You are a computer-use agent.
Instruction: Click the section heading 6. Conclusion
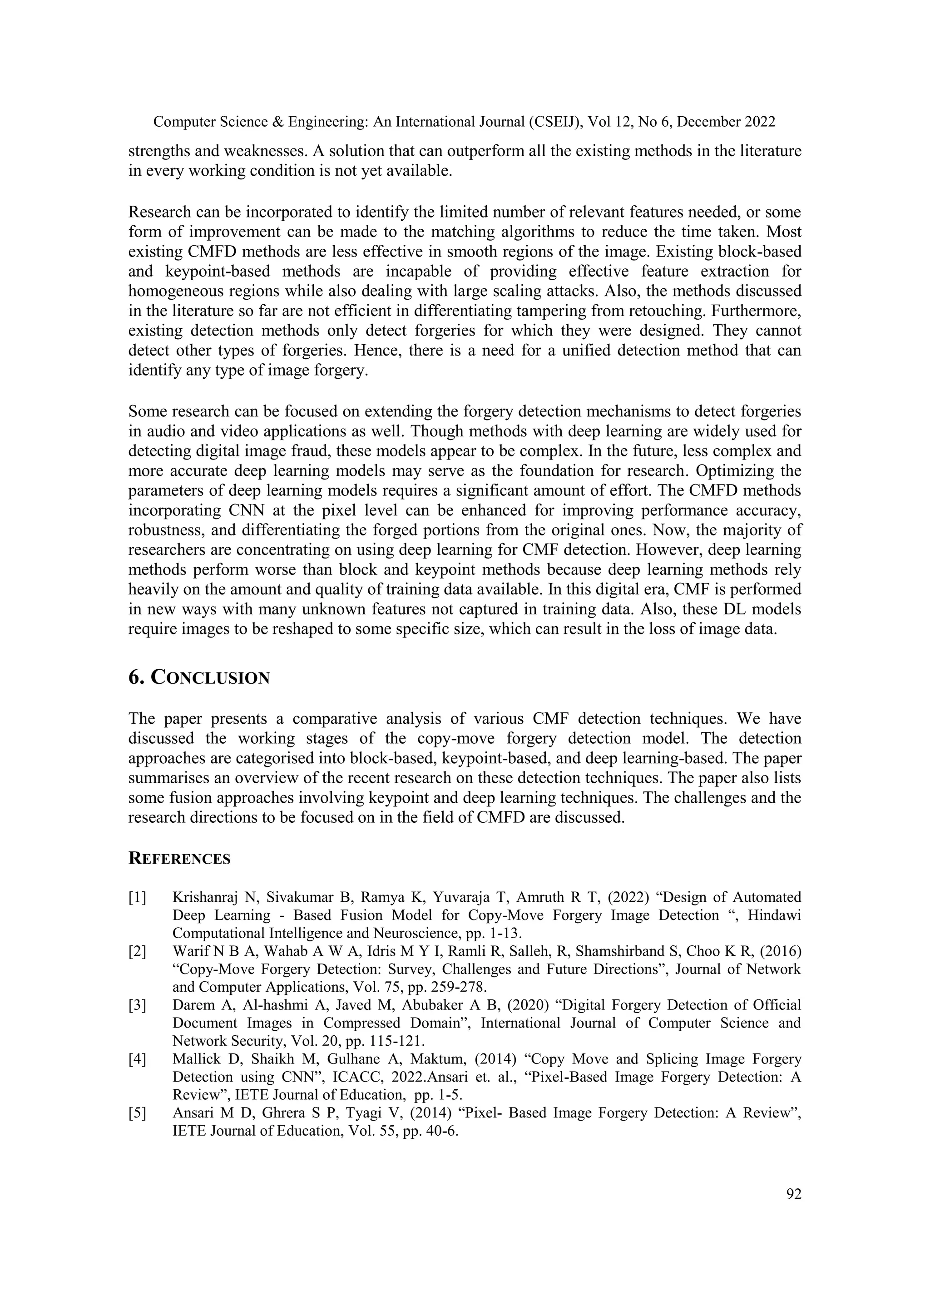199,677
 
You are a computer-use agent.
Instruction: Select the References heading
179,859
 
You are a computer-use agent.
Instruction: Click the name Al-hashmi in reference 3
270,1006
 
